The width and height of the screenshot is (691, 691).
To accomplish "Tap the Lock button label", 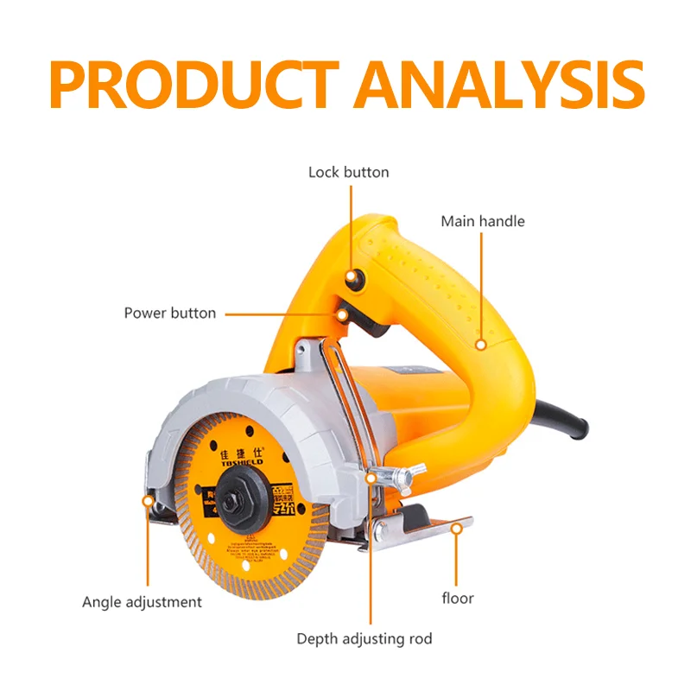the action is pyautogui.click(x=348, y=172).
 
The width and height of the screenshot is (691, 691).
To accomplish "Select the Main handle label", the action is pyautogui.click(x=482, y=221).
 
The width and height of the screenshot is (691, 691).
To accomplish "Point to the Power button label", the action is pyautogui.click(x=169, y=313).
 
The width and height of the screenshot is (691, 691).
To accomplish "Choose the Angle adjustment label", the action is pyautogui.click(x=142, y=601).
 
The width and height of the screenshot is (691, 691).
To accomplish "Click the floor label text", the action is pyautogui.click(x=458, y=598).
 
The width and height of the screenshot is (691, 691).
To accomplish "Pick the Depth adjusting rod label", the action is pyautogui.click(x=364, y=639).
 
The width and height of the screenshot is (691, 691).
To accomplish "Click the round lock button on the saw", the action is pyautogui.click(x=352, y=277).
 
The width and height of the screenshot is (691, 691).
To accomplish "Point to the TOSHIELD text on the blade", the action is pyautogui.click(x=228, y=465).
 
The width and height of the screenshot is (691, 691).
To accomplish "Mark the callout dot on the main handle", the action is pyautogui.click(x=480, y=344).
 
